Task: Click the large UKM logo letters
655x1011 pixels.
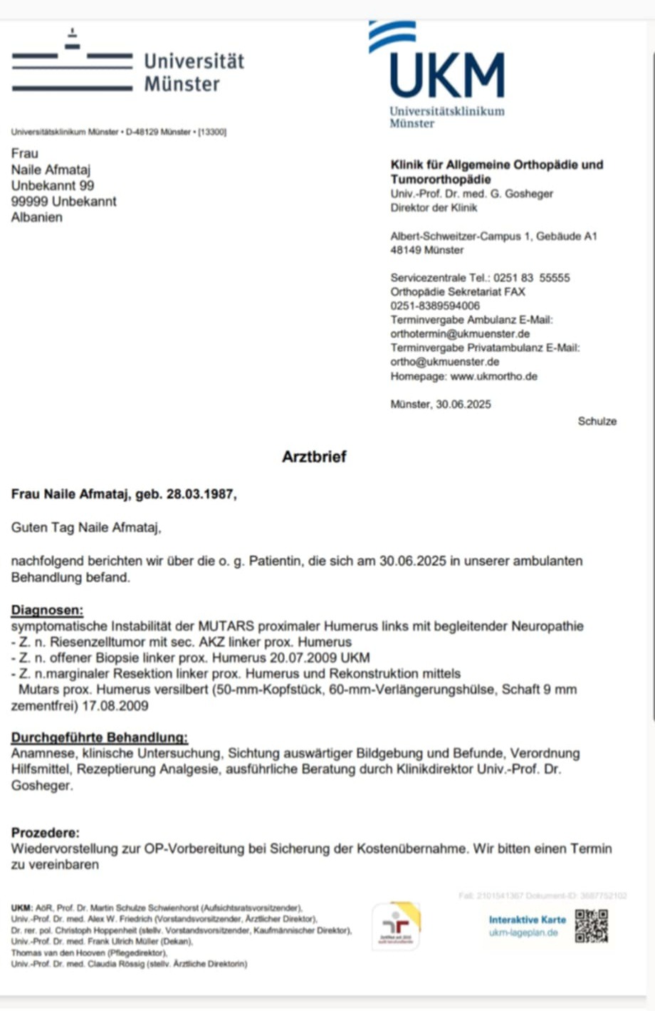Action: point(447,75)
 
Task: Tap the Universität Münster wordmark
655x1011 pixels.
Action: point(194,72)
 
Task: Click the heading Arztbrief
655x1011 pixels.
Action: point(314,457)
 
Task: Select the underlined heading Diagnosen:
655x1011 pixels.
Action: point(47,610)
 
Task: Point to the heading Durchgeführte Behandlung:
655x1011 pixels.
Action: point(100,737)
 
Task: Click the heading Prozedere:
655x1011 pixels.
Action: point(46,832)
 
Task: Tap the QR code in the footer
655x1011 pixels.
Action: point(591,926)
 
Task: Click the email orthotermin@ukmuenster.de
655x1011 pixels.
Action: point(460,333)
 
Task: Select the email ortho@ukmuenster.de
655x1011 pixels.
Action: point(445,362)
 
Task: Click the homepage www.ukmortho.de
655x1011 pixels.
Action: point(493,376)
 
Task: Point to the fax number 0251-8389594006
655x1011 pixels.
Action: point(435,306)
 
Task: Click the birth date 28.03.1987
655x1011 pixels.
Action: point(199,494)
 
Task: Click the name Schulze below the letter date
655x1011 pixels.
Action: point(597,421)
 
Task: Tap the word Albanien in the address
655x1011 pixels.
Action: point(36,217)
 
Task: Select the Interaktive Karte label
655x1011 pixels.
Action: point(527,920)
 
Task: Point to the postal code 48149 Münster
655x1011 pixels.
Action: point(426,250)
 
